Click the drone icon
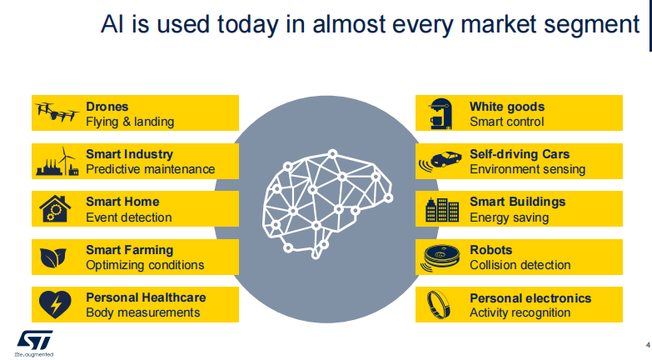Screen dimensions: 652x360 (x=57, y=112)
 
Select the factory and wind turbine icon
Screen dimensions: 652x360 (x=57, y=161)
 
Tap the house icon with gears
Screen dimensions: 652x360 (x=55, y=209)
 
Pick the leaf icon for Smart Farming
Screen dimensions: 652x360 (x=53, y=257)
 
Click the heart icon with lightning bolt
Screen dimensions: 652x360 (x=55, y=305)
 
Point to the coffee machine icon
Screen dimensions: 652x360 (x=440, y=113)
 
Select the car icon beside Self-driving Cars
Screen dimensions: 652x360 (x=440, y=162)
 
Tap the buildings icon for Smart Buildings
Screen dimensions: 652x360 (x=442, y=209)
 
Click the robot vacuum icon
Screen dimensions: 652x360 (x=440, y=257)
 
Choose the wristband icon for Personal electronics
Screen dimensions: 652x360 (x=438, y=305)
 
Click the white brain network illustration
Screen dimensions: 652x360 (x=327, y=204)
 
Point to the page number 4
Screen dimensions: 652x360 (x=648, y=345)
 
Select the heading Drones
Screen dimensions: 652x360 (x=107, y=107)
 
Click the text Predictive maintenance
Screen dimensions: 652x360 (x=150, y=169)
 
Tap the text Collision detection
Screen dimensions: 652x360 (x=520, y=265)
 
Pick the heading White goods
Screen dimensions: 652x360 (x=507, y=107)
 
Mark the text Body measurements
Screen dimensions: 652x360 (x=142, y=312)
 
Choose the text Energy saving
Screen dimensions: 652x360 (x=509, y=217)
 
